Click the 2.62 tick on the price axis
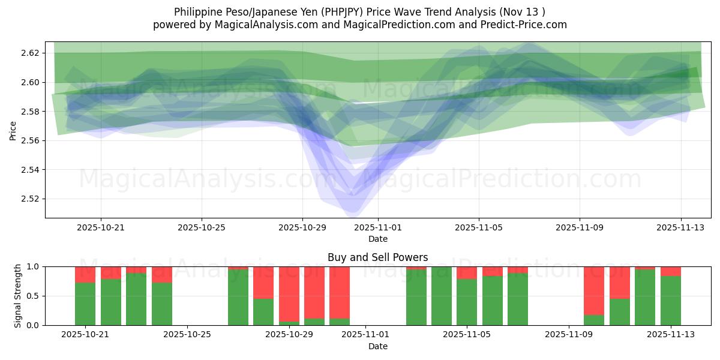pyautogui.click(x=29, y=53)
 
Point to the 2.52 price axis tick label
pyautogui.click(x=29, y=199)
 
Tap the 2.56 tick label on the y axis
pyautogui.click(x=29, y=140)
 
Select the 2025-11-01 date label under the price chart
pyautogui.click(x=378, y=228)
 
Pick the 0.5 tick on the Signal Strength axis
pyautogui.click(x=34, y=296)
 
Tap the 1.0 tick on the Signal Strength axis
pyautogui.click(x=34, y=266)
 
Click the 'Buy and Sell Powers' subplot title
pyautogui.click(x=377, y=257)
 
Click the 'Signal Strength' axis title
pyautogui.click(x=17, y=296)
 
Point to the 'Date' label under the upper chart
pyautogui.click(x=378, y=239)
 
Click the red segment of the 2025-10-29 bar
pyautogui.click(x=289, y=294)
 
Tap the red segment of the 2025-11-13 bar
pyautogui.click(x=671, y=271)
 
